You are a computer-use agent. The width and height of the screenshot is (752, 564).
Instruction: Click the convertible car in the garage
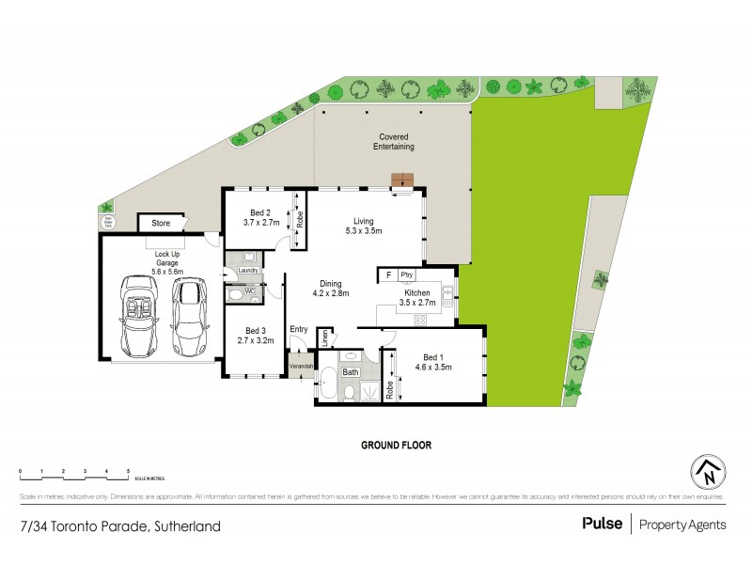pos(137,319)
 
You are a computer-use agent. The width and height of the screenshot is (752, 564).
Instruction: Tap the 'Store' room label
pos(161,224)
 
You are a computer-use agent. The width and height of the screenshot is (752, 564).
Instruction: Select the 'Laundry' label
pos(248,271)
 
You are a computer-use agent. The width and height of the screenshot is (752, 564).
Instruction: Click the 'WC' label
pos(250,291)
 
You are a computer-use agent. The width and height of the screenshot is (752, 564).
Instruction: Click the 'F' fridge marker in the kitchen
pos(386,274)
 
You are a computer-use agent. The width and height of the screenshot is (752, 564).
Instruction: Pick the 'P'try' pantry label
pos(406,274)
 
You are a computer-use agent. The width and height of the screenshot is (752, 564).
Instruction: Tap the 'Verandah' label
pos(301,365)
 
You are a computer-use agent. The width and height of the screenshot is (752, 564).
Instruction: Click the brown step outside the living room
pos(403,180)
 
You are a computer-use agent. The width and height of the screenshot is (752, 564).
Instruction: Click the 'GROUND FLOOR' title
pos(397,446)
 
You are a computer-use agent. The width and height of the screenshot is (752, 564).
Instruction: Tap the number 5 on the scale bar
pos(128,469)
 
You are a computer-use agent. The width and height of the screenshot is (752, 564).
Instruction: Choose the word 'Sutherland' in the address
pos(189,526)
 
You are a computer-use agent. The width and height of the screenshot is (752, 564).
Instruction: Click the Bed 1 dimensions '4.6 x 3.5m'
pos(434,367)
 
